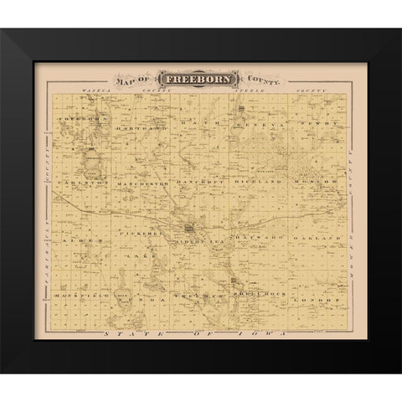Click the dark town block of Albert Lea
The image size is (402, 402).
pos(191,226)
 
